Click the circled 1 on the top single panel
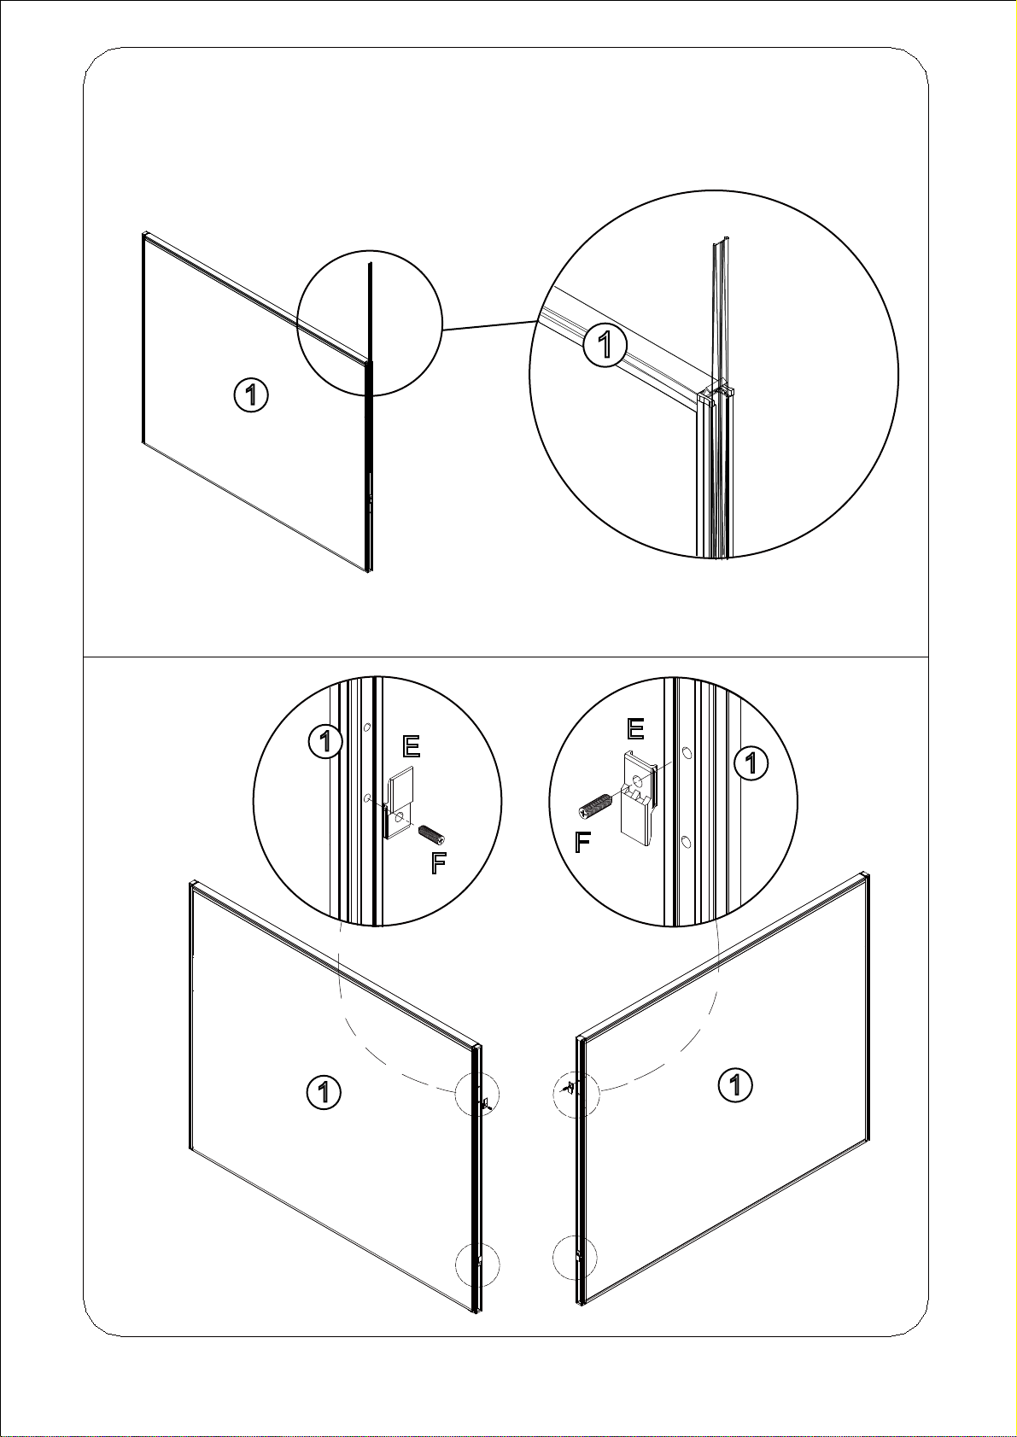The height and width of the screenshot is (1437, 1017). click(251, 395)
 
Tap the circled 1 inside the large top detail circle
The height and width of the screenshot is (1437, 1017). click(605, 345)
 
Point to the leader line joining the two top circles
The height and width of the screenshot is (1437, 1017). click(489, 325)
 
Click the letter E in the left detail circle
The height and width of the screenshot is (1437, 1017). click(411, 747)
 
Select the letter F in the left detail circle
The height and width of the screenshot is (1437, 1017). click(438, 863)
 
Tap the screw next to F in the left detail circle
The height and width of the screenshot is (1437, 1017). click(432, 834)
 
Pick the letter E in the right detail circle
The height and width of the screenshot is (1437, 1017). click(634, 729)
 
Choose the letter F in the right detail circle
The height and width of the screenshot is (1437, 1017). click(582, 842)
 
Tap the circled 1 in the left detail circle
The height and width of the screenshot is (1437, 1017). click(326, 742)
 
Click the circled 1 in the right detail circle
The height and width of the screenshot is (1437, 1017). click(750, 762)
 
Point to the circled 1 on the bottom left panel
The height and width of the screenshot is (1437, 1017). click(324, 1091)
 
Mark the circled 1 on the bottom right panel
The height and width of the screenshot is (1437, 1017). click(735, 1085)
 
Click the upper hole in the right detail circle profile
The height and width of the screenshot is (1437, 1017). click(686, 752)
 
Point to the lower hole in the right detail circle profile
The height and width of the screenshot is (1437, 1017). click(686, 840)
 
